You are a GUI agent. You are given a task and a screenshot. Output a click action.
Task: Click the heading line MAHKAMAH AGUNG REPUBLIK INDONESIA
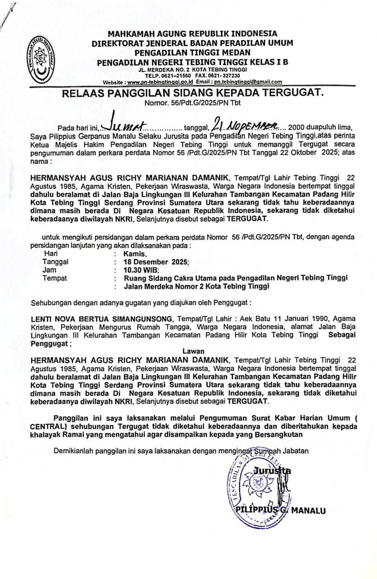pos(192,34)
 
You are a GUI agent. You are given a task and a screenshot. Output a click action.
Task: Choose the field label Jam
pos(49,270)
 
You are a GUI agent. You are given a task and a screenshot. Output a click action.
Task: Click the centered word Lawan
pos(193,351)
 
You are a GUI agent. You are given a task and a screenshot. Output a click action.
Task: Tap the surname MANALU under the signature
pos(309,511)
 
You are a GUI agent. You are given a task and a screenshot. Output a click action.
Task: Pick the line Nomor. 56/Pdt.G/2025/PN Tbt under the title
pos(193,103)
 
